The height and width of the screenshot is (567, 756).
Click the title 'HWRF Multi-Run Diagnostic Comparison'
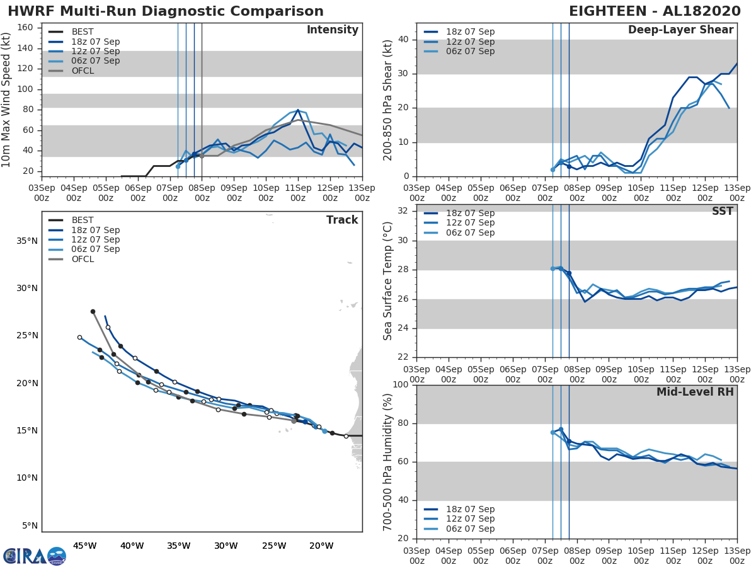pos(166,11)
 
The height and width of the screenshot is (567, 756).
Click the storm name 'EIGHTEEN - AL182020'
pos(660,11)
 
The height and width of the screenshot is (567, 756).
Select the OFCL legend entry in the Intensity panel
pos(83,71)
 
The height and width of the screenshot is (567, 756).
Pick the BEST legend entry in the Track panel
pos(83,220)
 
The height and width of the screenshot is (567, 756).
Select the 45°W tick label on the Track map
pos(84,546)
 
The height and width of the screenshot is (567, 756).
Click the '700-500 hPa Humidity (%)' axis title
pos(388,462)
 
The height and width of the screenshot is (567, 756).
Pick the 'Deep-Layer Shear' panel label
pos(680,30)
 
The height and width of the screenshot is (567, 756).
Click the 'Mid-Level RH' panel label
pos(695,392)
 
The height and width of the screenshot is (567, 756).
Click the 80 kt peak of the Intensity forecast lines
pos(298,110)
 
